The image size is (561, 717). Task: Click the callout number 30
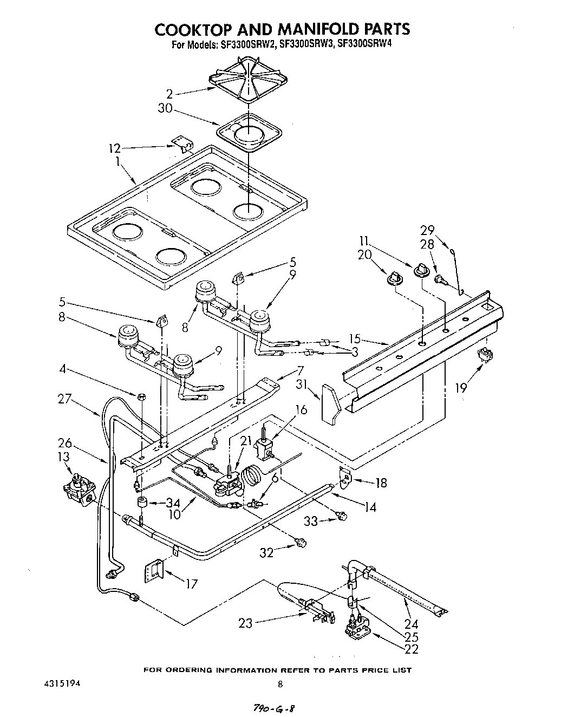165,109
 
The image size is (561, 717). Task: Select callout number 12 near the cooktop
115,148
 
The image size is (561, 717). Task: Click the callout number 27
65,399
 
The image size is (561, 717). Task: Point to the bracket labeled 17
153,570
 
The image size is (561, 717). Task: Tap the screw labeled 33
342,516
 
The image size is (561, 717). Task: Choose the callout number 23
245,623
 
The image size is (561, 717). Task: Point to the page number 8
280,684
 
